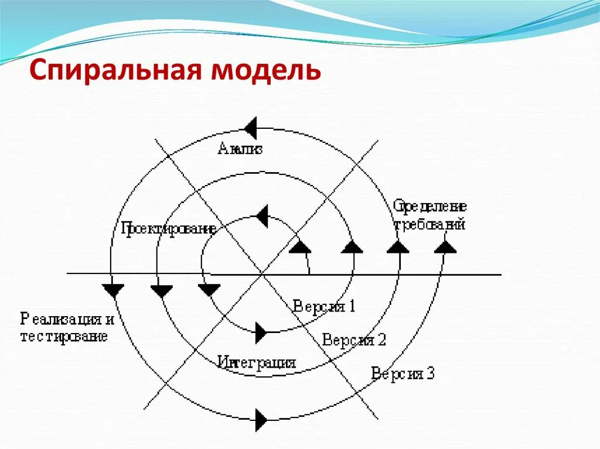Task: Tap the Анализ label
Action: tap(240, 148)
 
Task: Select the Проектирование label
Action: tap(168, 228)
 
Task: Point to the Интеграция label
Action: tap(256, 362)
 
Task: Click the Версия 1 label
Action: tap(324, 306)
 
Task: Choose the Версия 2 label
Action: tap(354, 340)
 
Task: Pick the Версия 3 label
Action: tap(403, 373)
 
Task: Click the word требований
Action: tap(429, 224)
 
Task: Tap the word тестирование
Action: tap(64, 337)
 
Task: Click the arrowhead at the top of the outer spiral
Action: tap(251, 128)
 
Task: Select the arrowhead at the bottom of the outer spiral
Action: tap(261, 419)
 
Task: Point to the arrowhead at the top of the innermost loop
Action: tap(261, 216)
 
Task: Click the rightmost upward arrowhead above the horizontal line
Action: tap(445, 246)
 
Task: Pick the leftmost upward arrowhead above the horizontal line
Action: tap(301, 246)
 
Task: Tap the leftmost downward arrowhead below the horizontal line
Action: tap(112, 290)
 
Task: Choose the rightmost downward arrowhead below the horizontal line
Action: tap(209, 290)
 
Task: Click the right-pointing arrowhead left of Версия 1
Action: tap(261, 333)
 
